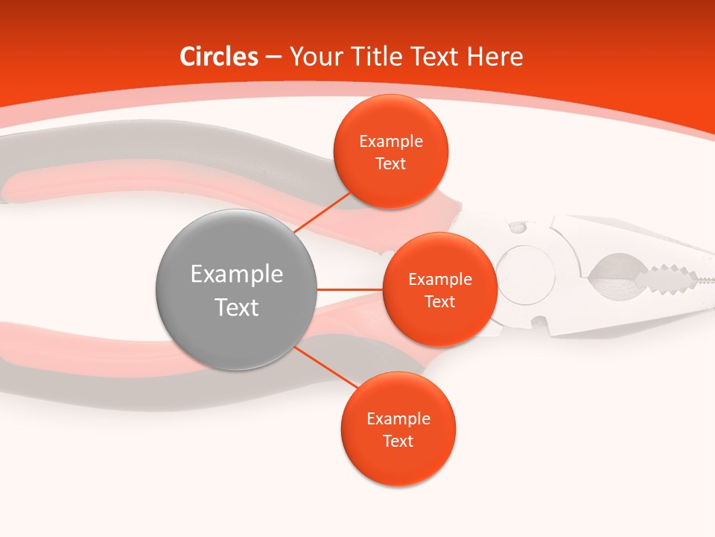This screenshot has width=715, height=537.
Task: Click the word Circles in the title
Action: coord(219,57)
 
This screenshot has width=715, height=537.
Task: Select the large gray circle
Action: coord(236,290)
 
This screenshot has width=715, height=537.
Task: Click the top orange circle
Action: coord(390,151)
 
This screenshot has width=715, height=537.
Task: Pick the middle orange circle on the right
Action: coord(439,289)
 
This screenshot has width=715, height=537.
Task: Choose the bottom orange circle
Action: coord(398,429)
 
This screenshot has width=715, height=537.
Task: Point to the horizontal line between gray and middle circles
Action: coord(349,289)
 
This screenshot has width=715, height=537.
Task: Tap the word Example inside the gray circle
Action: coord(236,274)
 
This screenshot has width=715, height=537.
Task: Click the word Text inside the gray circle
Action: coord(236,307)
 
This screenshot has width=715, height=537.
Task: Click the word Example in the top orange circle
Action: coord(390,142)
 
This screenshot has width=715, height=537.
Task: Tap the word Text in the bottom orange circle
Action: coord(398,441)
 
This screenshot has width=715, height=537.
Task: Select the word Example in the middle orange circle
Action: coord(439,280)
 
